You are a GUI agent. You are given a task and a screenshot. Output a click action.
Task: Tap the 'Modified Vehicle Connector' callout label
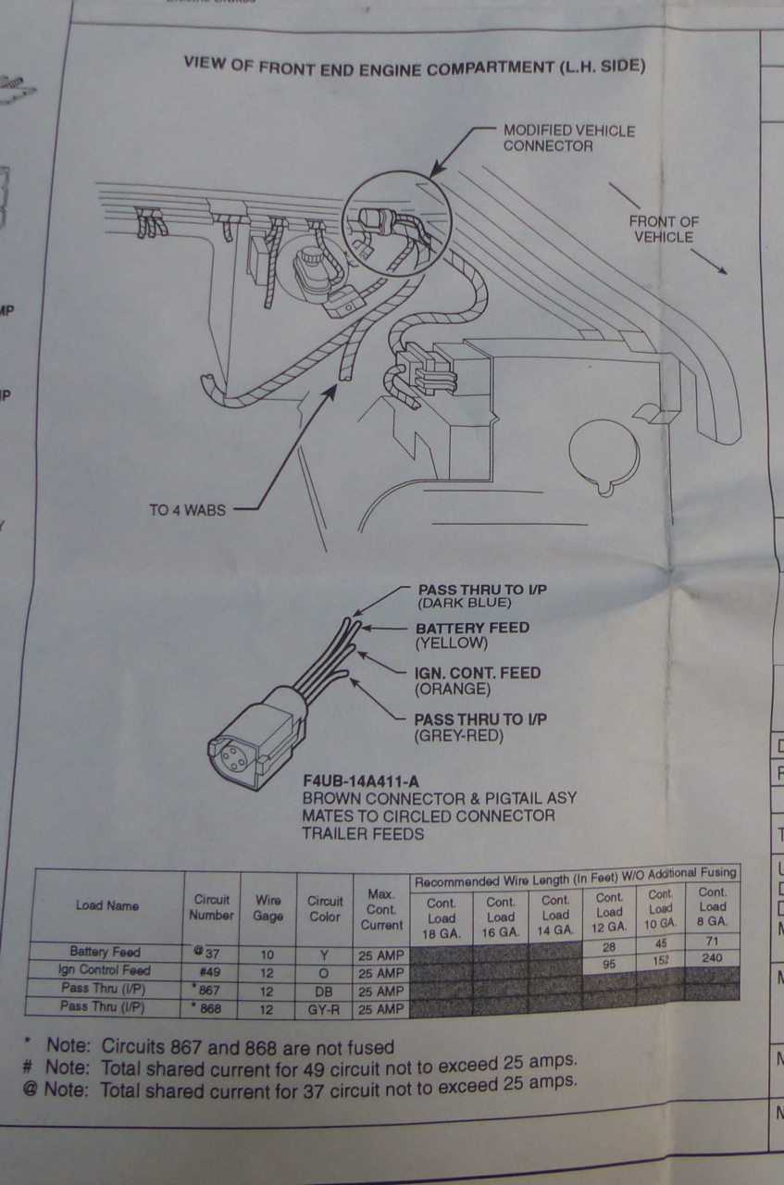pyautogui.click(x=568, y=138)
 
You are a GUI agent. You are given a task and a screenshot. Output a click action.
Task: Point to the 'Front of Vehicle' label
pyautogui.click(x=664, y=229)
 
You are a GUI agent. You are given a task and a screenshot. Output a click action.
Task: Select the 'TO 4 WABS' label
pyautogui.click(x=187, y=509)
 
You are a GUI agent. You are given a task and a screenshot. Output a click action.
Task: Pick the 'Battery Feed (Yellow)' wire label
pyautogui.click(x=472, y=634)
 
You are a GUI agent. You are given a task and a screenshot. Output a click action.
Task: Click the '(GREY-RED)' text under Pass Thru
pyautogui.click(x=459, y=736)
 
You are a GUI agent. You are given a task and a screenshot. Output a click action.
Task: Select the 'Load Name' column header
pyautogui.click(x=108, y=905)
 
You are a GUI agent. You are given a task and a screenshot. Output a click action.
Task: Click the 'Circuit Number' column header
pyautogui.click(x=212, y=907)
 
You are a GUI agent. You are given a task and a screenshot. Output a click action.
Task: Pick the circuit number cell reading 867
pyautogui.click(x=211, y=990)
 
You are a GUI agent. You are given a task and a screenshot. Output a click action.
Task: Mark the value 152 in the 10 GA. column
pyautogui.click(x=660, y=960)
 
